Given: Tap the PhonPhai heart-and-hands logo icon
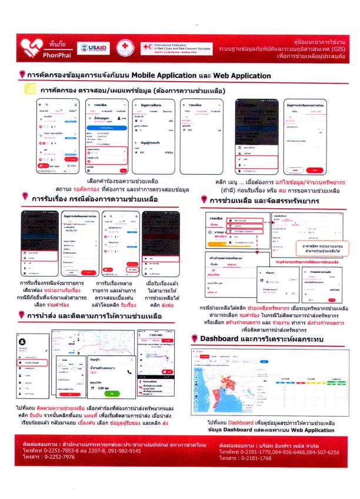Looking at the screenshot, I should [x=31, y=46].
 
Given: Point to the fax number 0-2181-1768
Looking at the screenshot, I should [x=249, y=457].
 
